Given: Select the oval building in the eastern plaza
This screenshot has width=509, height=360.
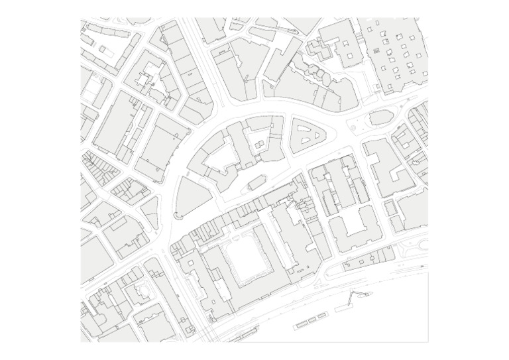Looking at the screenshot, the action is pyautogui.click(x=380, y=118).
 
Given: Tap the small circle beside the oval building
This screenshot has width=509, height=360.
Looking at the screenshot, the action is pyautogui.click(x=353, y=125).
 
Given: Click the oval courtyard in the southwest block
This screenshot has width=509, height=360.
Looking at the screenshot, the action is pyautogui.click(x=141, y=289).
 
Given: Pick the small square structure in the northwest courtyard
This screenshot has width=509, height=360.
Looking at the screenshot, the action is pyautogui.click(x=104, y=48).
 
